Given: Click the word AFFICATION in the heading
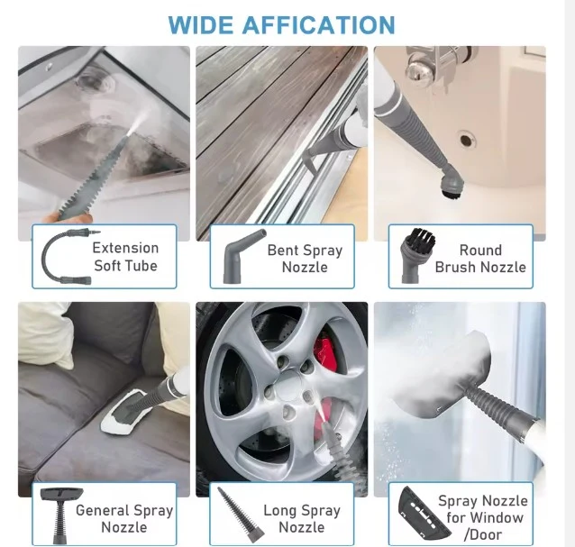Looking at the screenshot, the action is pos(318,25).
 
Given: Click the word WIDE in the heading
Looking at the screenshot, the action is pos(201,25).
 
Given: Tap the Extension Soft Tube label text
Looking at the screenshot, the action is pos(125,257).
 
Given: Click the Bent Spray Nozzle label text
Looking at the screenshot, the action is pos(305,259).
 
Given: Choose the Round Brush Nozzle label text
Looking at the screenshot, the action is pos(480,259).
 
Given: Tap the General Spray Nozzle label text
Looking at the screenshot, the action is pos(124,519).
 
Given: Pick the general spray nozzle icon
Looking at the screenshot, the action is pos(60,515).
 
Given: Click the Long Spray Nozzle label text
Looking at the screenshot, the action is pos(302,519).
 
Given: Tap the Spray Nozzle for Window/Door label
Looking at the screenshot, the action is pos(483,517).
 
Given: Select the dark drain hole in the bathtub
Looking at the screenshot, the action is pos(466,140).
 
